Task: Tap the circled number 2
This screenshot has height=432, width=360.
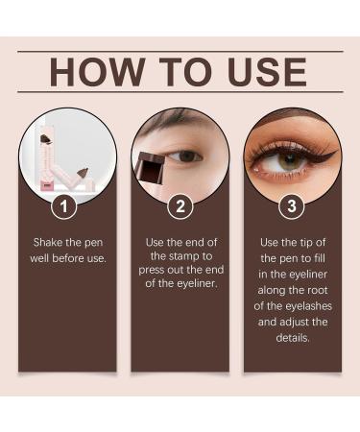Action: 180,205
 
